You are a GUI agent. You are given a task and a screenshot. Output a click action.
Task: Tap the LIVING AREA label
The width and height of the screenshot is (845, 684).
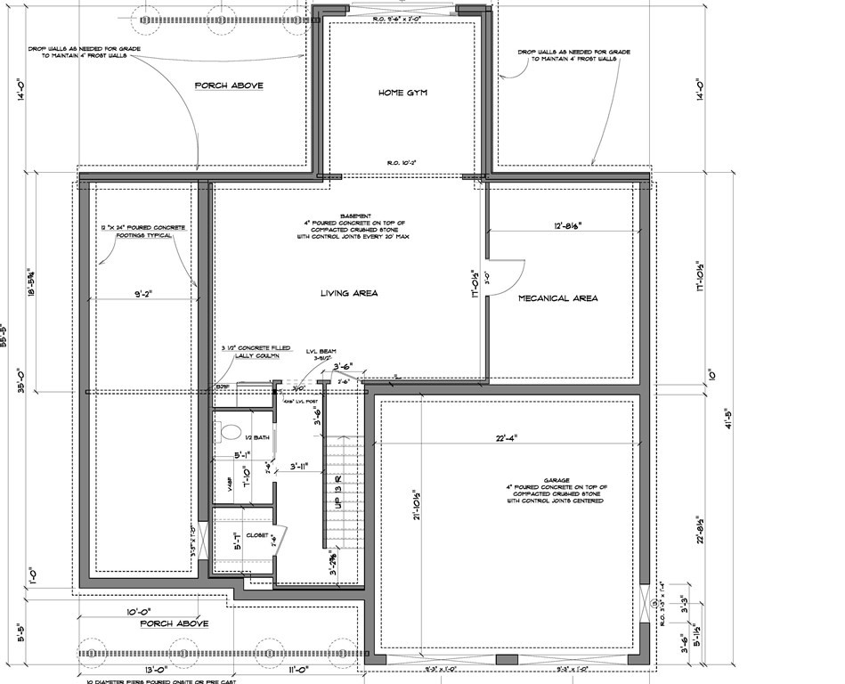click(350, 293)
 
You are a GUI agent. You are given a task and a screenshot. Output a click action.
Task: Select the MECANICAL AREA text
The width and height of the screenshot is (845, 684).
click(557, 297)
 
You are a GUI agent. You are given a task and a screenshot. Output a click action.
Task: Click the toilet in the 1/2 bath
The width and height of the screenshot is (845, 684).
click(230, 433)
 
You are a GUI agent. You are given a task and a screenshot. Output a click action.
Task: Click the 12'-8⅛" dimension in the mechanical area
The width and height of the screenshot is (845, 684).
click(567, 226)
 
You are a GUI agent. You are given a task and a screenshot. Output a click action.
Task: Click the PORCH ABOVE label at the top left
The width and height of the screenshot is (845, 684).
click(229, 85)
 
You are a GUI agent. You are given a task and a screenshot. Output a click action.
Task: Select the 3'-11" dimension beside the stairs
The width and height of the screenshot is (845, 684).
click(293, 466)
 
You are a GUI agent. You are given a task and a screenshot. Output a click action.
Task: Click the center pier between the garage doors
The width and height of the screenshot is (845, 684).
click(506, 659)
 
